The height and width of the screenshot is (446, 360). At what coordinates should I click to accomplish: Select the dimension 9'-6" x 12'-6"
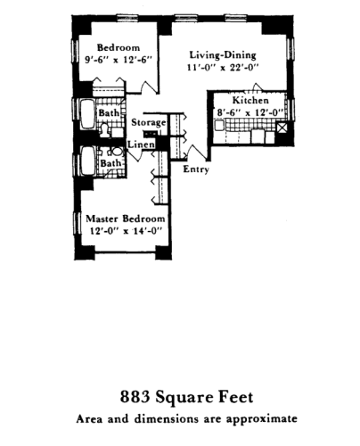click(x=117, y=61)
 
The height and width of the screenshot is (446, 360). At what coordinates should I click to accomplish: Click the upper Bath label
click(x=110, y=114)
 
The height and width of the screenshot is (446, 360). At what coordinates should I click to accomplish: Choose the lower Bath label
click(x=110, y=164)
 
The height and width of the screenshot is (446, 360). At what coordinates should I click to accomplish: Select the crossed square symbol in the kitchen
click(x=281, y=128)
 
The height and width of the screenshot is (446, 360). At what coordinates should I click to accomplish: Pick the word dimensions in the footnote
click(x=160, y=417)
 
